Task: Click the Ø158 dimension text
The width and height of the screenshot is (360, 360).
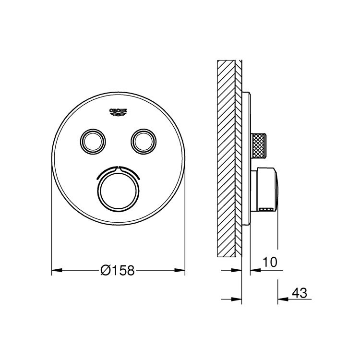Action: [x=118, y=271]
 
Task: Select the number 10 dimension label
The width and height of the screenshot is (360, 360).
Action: [x=270, y=262]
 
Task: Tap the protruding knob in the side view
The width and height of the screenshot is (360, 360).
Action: [x=266, y=190]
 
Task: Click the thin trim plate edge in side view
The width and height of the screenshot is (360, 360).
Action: [x=247, y=158]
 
